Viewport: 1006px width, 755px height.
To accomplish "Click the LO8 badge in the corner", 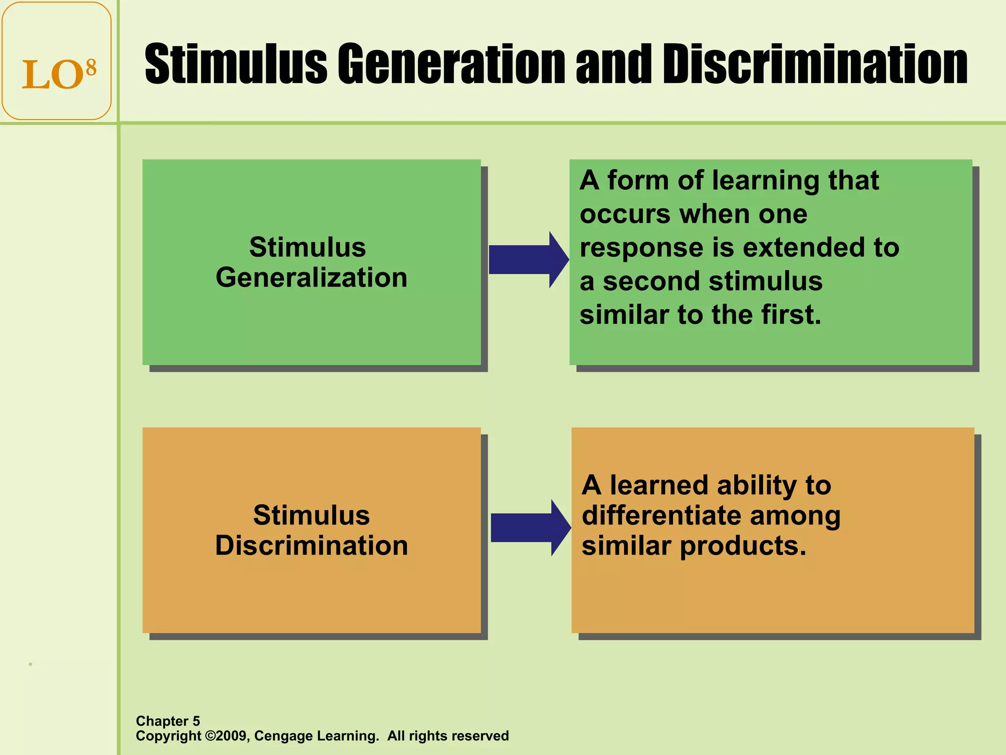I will pyautogui.click(x=56, y=61).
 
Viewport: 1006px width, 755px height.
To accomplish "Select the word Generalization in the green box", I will pyautogui.click(x=311, y=278).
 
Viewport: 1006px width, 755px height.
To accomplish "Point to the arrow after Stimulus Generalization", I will pyautogui.click(x=528, y=260).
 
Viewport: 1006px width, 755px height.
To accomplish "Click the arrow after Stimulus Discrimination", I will pyautogui.click(x=530, y=527).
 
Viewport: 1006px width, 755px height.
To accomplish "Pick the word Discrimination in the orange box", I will pyautogui.click(x=311, y=546).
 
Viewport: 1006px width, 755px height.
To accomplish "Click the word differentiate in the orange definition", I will pyautogui.click(x=662, y=516).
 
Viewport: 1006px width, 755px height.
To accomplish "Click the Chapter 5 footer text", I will pyautogui.click(x=168, y=721).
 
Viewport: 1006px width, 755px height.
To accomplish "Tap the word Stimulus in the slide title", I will pyautogui.click(x=236, y=64).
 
